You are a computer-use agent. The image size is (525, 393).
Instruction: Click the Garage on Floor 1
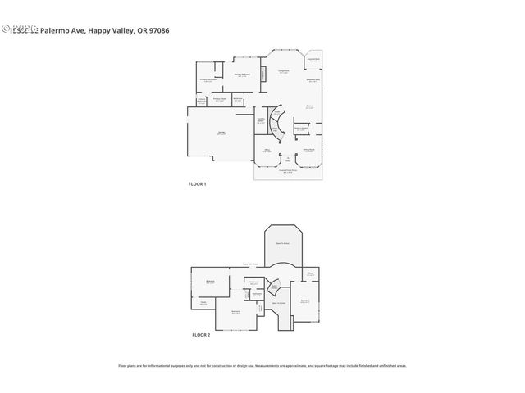click(220, 133)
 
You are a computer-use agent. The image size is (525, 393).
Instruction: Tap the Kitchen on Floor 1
click(311, 106)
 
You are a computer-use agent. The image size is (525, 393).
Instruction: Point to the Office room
click(267, 151)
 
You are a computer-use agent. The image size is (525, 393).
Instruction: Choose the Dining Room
click(308, 150)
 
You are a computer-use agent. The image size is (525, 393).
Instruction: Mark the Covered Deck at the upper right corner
click(313, 60)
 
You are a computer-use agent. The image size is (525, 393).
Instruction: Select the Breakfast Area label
click(313, 80)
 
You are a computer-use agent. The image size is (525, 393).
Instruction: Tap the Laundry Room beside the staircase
click(261, 121)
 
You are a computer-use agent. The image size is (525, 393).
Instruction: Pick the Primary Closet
click(219, 100)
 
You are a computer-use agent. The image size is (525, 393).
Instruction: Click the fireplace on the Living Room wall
click(262, 75)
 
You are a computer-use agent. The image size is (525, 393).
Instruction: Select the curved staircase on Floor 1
click(278, 123)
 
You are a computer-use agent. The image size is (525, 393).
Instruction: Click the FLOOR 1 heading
click(197, 184)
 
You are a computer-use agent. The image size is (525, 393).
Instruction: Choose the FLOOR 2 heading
click(201, 335)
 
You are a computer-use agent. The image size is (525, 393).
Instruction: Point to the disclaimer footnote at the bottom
click(262, 366)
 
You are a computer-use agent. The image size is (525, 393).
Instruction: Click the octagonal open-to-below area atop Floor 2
click(283, 243)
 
